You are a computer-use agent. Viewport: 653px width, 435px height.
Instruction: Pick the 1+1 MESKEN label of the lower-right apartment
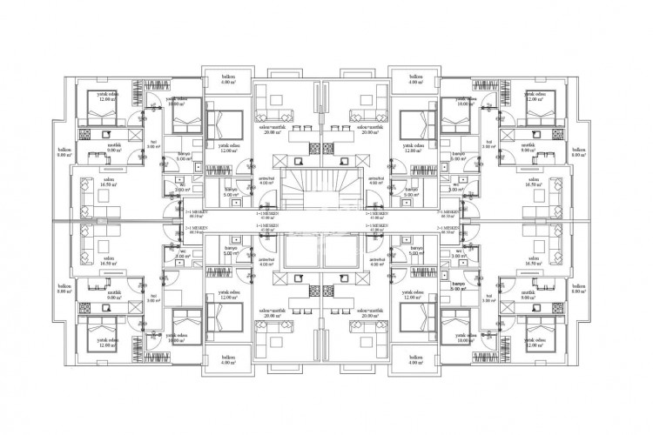[377, 228]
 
